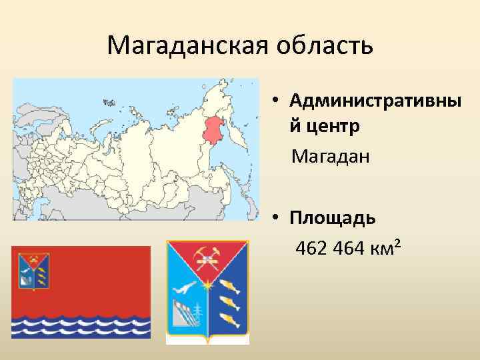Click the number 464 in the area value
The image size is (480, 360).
click(x=347, y=249)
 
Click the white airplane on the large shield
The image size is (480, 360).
click(x=185, y=289)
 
